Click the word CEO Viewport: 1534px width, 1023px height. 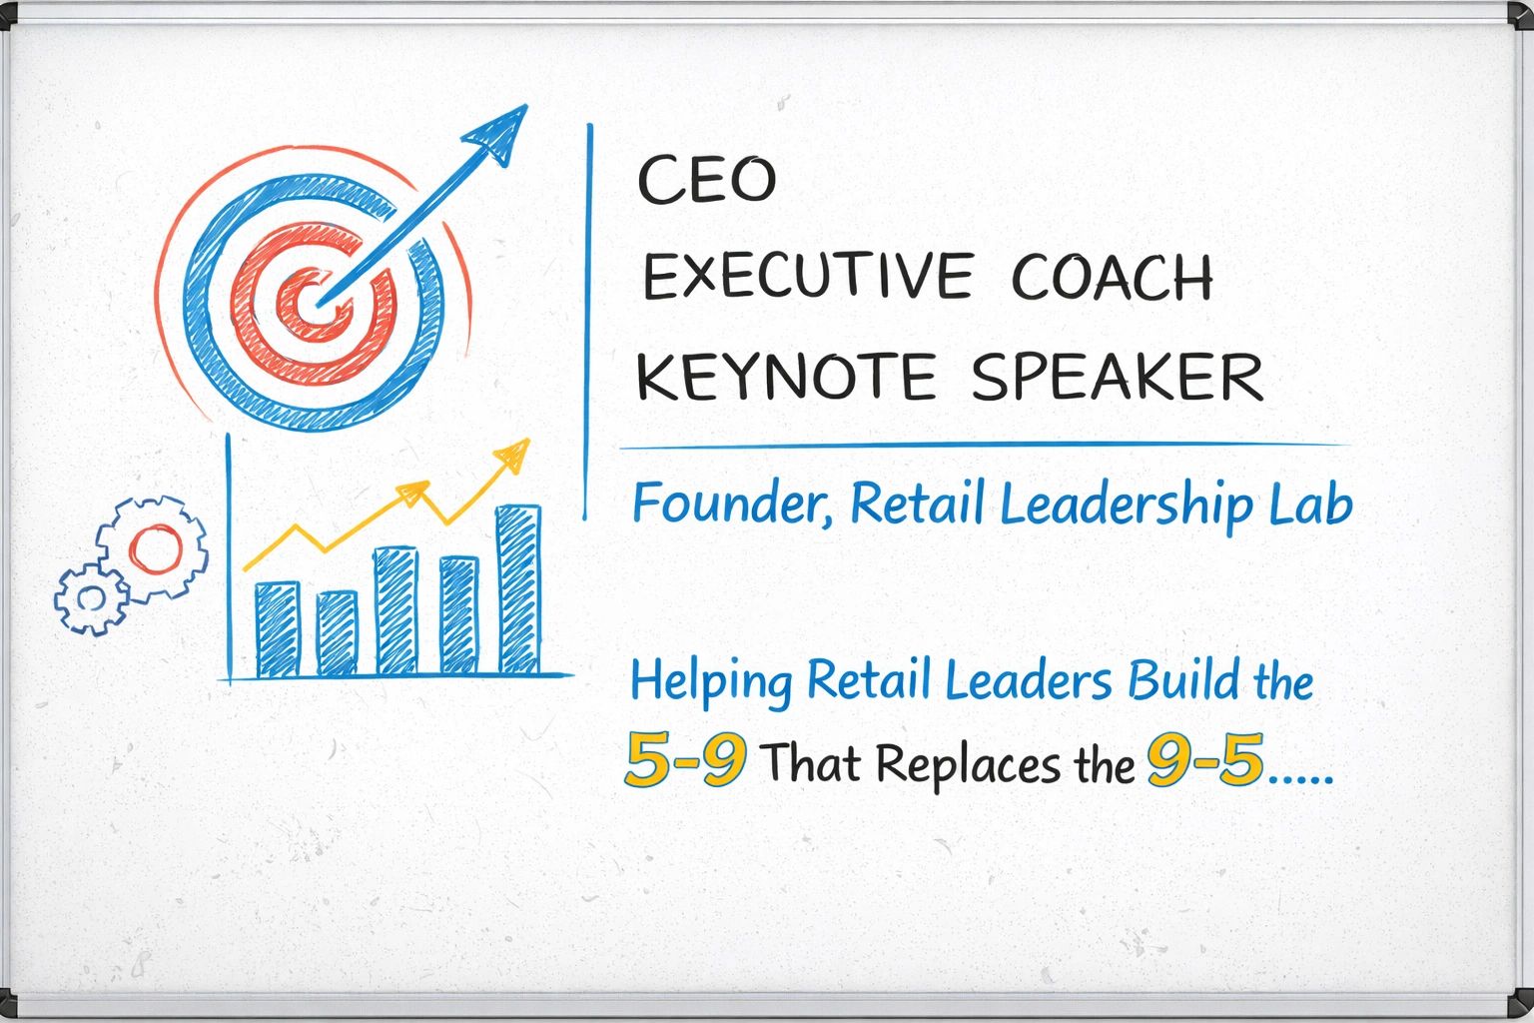tap(706, 180)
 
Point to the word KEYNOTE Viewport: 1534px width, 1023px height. tap(786, 377)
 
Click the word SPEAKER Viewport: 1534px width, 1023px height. tap(1118, 377)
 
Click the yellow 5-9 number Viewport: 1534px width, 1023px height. tap(685, 759)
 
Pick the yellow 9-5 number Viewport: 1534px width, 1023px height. tap(1205, 759)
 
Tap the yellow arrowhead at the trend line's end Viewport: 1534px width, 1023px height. tap(513, 455)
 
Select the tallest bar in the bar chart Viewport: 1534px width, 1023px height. tap(518, 589)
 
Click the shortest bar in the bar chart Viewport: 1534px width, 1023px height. tap(337, 633)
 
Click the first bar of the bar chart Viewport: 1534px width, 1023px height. tap(278, 629)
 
